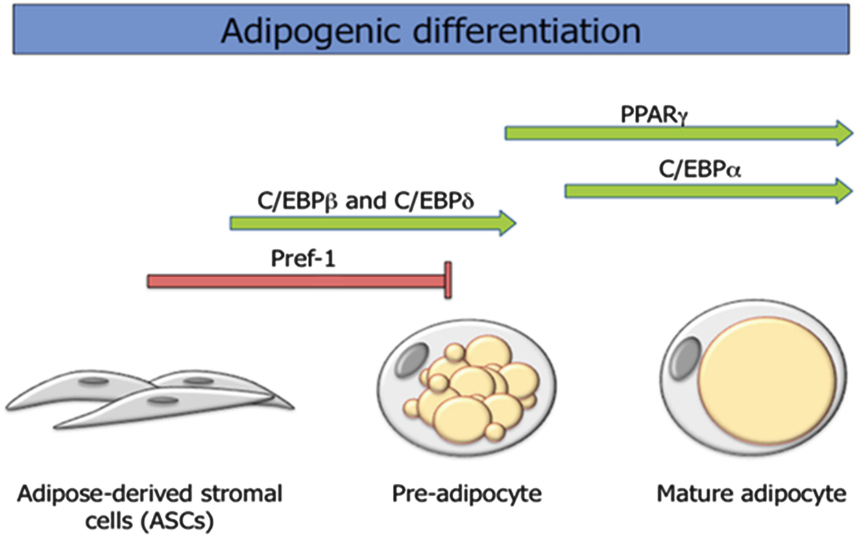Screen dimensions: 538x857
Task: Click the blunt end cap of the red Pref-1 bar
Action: tap(448, 280)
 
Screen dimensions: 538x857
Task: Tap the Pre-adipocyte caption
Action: tap(467, 493)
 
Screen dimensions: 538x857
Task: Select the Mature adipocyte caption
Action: tap(751, 493)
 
